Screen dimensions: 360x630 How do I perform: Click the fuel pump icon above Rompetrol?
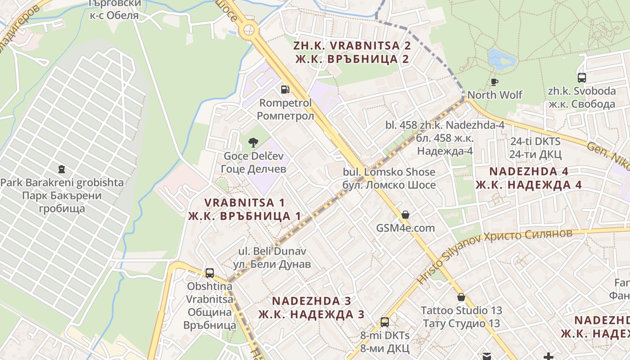(285, 89)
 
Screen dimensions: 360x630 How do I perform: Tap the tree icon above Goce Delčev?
(253, 143)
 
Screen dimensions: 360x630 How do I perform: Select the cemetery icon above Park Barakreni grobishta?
(62, 169)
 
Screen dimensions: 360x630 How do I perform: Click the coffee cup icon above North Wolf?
(495, 81)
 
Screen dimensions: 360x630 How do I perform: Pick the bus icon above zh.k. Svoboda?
(581, 77)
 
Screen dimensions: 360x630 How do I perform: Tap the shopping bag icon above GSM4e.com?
(405, 214)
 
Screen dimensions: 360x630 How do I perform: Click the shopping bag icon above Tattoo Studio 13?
(461, 297)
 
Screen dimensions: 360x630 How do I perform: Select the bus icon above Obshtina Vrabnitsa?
(210, 273)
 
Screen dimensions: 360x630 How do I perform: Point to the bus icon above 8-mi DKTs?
(384, 322)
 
